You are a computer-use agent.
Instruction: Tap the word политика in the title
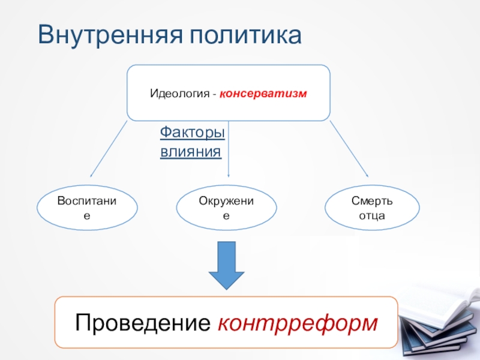click(x=246, y=35)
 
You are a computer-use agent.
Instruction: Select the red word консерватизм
click(x=263, y=94)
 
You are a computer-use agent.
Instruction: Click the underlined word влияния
click(x=190, y=151)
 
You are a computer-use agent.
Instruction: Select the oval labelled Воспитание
click(x=87, y=208)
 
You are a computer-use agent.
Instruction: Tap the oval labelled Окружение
click(x=226, y=208)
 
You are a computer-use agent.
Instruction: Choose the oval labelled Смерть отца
click(x=372, y=208)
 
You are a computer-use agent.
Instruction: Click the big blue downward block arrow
click(x=226, y=265)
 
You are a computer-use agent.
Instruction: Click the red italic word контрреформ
click(x=298, y=322)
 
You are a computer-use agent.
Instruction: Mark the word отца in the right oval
click(x=372, y=215)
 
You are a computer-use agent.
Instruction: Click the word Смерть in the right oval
click(x=372, y=201)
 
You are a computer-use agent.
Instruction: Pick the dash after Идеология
click(x=214, y=95)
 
